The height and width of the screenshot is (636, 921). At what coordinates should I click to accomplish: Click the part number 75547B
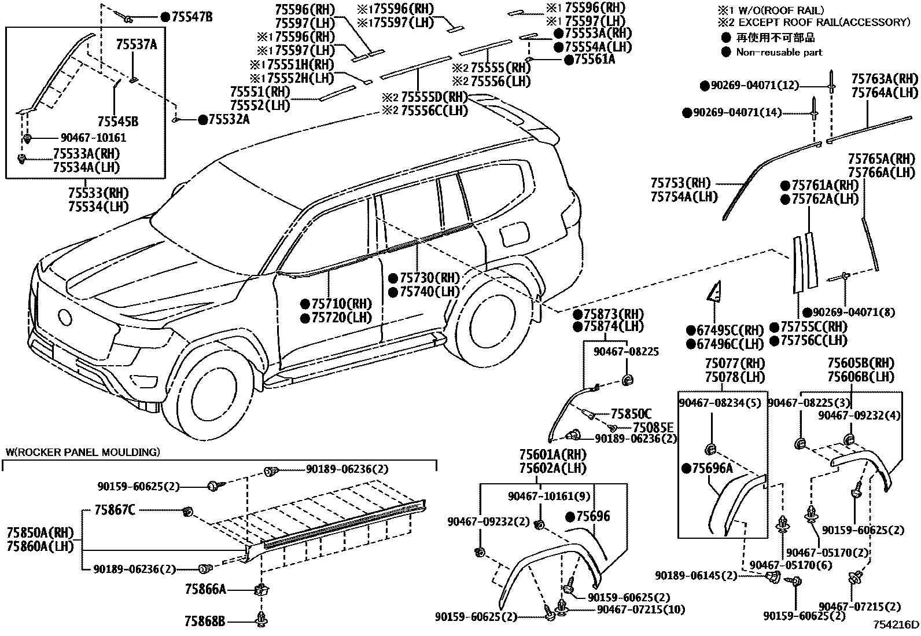pyautogui.click(x=192, y=17)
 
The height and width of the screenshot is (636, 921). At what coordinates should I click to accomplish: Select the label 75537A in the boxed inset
pyautogui.click(x=137, y=45)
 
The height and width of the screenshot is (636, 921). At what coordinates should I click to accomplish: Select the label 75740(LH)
pyautogui.click(x=429, y=291)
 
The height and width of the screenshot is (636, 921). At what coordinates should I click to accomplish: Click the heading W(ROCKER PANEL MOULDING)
pyautogui.click(x=83, y=452)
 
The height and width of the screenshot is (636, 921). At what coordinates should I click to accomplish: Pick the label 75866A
pyautogui.click(x=205, y=589)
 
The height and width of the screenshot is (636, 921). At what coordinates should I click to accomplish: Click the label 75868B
pyautogui.click(x=205, y=622)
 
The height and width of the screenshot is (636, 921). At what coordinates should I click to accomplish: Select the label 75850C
pyautogui.click(x=631, y=414)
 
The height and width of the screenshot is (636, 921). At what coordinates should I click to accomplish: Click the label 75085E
pyautogui.click(x=653, y=427)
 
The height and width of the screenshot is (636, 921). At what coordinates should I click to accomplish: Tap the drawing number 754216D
pyautogui.click(x=896, y=625)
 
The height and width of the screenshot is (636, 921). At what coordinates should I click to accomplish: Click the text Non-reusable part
pyautogui.click(x=779, y=52)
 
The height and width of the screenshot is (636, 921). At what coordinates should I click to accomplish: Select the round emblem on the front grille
pyautogui.click(x=65, y=317)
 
